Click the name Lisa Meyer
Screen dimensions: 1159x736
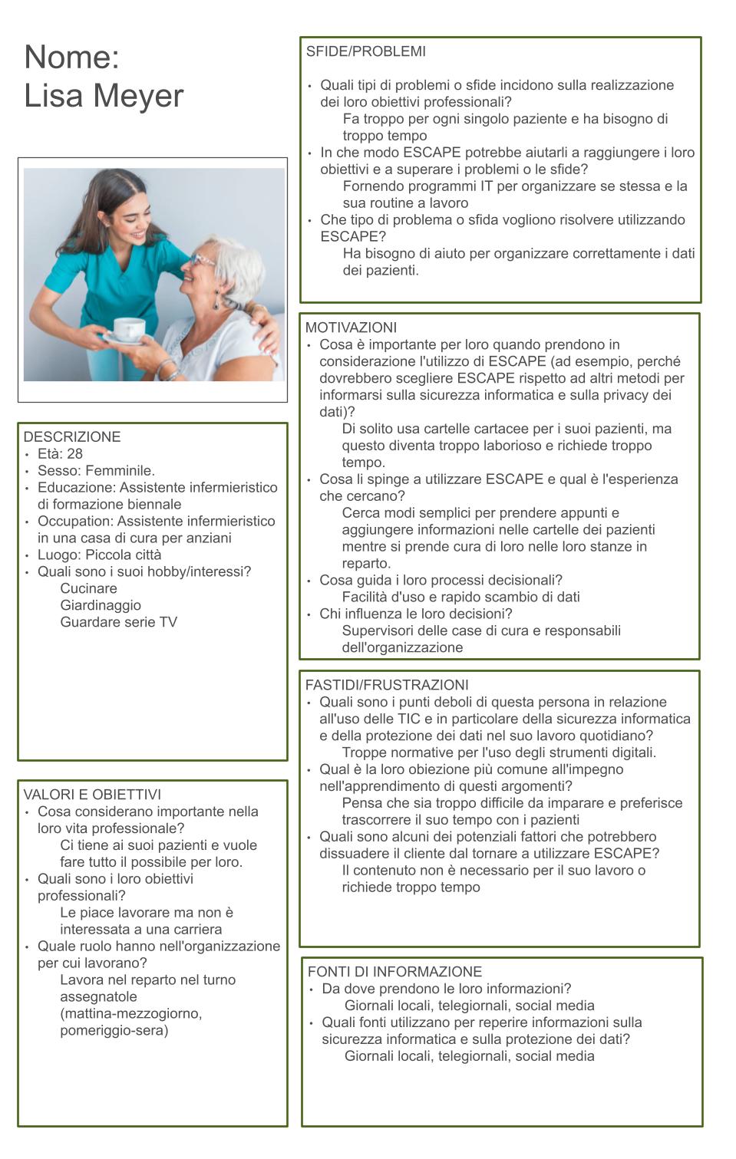tap(104, 96)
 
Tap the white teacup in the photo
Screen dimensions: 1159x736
tap(129, 328)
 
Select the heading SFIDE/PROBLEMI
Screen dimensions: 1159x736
tap(365, 52)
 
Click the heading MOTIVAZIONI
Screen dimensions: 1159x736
tap(351, 328)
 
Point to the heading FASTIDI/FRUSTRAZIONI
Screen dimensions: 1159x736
tap(386, 685)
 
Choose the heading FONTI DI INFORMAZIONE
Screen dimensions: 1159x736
tap(394, 972)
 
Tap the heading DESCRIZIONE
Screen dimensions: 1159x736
tap(72, 437)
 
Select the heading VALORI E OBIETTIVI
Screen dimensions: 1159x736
tap(92, 795)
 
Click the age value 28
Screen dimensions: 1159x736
tap(74, 454)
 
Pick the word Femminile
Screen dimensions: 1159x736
tap(120, 471)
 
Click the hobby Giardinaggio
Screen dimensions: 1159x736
tap(101, 605)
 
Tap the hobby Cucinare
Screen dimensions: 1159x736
tap(89, 588)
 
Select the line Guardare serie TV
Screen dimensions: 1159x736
tap(119, 622)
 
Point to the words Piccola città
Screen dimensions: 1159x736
tap(123, 555)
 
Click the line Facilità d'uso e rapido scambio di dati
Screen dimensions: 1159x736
tap(460, 597)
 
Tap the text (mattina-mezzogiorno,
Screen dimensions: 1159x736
tap(131, 1013)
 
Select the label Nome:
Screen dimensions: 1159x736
tap(71, 58)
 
